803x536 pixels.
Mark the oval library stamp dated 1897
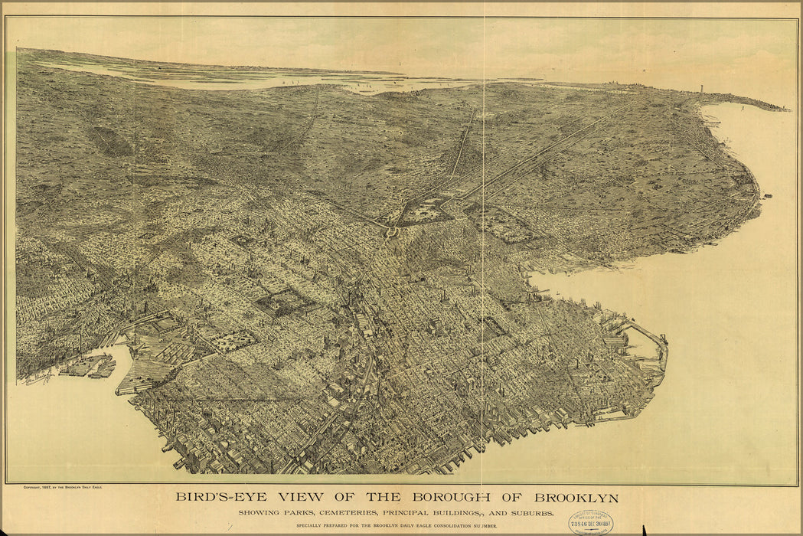pyautogui.click(x=591, y=523)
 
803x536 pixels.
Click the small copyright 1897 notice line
pyautogui.click(x=63, y=488)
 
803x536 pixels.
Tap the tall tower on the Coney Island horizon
pyautogui.click(x=700, y=90)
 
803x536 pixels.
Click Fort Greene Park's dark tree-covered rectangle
pyautogui.click(x=285, y=302)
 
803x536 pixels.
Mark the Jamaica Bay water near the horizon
pyautogui.click(x=230, y=80)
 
